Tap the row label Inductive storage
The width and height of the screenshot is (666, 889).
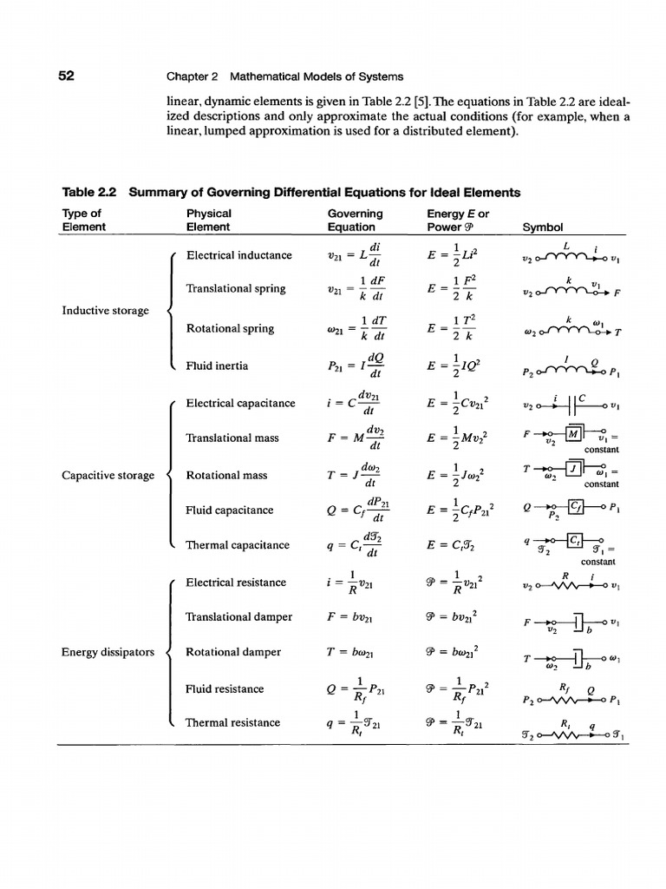(104, 310)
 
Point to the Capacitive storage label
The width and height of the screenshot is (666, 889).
(108, 475)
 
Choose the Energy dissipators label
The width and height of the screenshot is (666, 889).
(108, 652)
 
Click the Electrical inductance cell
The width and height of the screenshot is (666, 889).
(239, 255)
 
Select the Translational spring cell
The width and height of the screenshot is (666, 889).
(235, 288)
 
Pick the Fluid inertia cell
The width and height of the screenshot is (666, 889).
(217, 365)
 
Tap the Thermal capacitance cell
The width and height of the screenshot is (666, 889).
(238, 545)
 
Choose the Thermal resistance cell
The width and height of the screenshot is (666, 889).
(233, 722)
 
